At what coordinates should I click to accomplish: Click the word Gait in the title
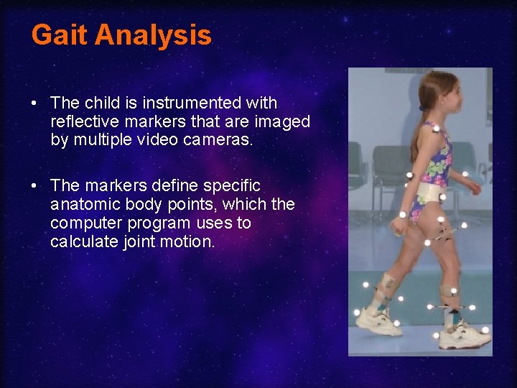(60, 35)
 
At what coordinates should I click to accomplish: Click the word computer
(80, 223)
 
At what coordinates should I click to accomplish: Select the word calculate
(81, 242)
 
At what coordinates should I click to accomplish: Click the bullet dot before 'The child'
(34, 104)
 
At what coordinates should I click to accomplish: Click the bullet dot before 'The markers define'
(34, 187)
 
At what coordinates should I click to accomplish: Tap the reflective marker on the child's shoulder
(436, 129)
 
